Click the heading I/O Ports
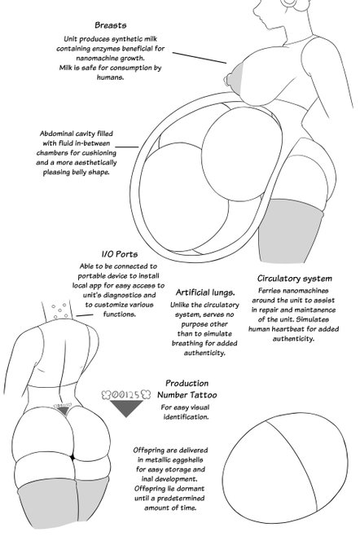coord(120,254)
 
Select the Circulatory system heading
coord(295,279)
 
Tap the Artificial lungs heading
coord(205,292)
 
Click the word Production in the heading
coord(187,384)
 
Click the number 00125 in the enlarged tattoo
coord(125,395)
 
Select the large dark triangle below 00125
coord(126,408)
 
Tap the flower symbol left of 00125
coord(106,394)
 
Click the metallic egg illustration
coord(284,467)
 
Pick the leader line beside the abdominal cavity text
coord(127,147)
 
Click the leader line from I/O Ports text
coord(85,314)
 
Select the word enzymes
coord(107,48)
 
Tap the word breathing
coord(188,344)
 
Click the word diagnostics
coord(121,295)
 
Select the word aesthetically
coord(95,162)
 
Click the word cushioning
coord(98,153)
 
